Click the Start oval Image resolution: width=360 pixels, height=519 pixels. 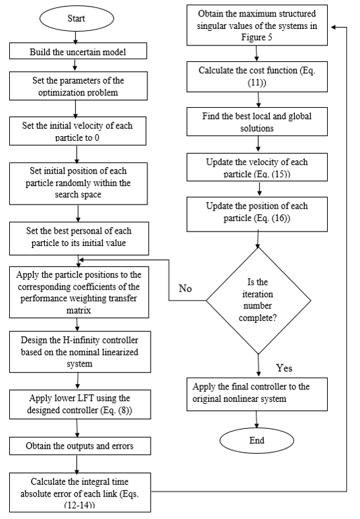76,18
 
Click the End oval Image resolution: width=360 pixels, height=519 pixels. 257,440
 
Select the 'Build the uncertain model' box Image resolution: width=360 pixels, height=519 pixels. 78,51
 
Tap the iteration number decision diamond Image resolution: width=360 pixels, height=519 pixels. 259,301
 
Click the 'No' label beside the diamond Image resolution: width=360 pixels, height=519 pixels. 185,288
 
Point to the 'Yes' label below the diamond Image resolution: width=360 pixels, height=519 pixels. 284,368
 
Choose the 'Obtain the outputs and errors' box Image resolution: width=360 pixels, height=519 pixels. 80,446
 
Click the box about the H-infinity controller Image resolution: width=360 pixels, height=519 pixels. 80,352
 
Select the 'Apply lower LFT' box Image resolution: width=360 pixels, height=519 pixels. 80,404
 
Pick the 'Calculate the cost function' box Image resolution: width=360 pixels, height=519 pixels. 257,76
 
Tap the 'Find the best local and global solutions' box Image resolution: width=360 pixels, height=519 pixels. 257,122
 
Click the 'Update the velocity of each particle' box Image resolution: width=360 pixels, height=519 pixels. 257,167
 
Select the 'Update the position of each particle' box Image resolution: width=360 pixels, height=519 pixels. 257,214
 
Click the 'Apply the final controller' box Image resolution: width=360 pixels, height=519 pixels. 257,394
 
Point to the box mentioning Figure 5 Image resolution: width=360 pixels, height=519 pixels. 257,25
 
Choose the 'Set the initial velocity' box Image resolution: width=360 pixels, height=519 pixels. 78,131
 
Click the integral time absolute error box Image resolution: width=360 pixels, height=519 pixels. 80,492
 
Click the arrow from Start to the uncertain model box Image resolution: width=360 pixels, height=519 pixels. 76,37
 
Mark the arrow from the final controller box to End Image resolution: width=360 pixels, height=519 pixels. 256,420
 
